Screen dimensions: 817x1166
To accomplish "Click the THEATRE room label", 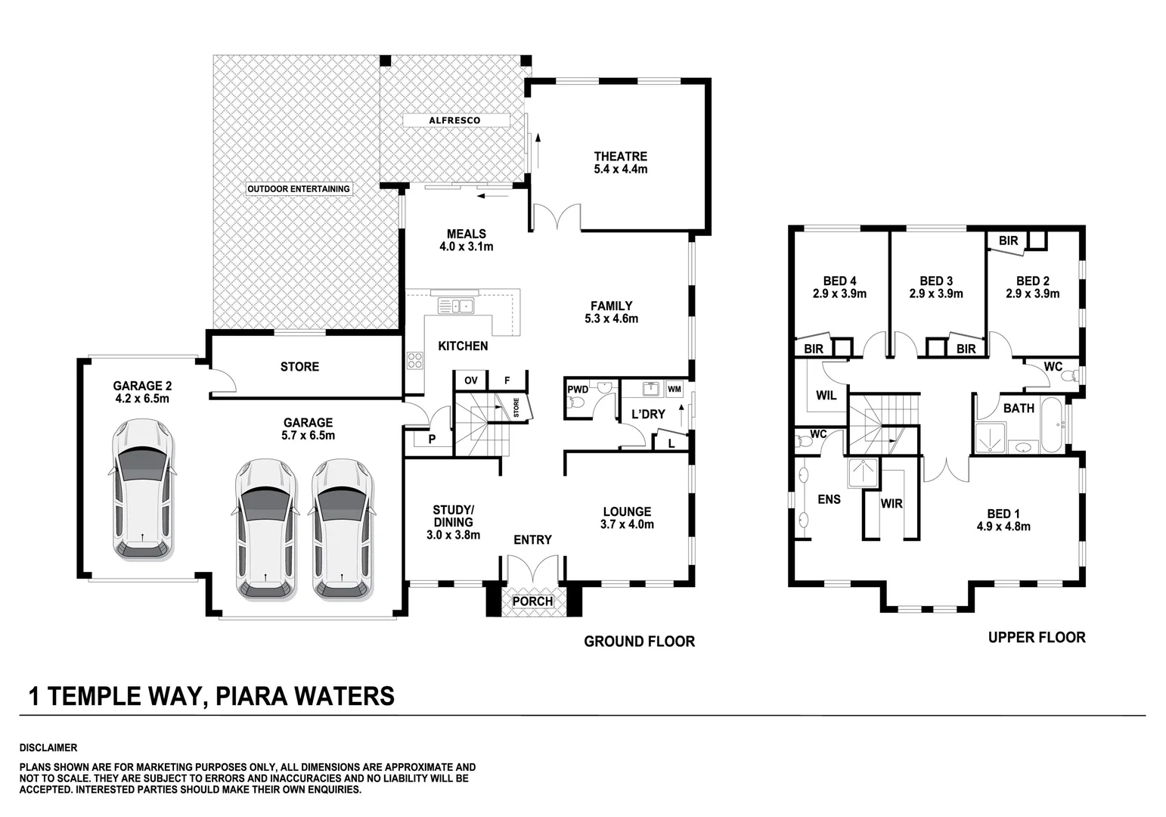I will click(620, 157).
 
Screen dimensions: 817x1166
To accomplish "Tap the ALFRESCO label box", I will click(454, 120).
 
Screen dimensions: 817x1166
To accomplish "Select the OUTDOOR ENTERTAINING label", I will click(298, 188).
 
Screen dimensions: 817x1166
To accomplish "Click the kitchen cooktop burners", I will click(415, 360).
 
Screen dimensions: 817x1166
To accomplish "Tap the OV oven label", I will click(471, 381).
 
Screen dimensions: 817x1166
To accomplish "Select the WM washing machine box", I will click(674, 389).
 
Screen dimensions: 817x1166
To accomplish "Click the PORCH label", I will click(532, 601).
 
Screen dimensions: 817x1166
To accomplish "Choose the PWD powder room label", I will click(578, 390).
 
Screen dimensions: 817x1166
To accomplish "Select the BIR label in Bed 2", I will click(1008, 241).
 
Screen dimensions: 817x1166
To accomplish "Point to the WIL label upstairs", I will click(826, 396).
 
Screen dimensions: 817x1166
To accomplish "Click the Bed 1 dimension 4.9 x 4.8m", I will click(1003, 527).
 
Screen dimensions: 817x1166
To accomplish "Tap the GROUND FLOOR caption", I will click(639, 641).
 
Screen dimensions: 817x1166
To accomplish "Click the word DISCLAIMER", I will click(48, 748).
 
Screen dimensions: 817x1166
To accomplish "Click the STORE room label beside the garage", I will click(299, 367).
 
